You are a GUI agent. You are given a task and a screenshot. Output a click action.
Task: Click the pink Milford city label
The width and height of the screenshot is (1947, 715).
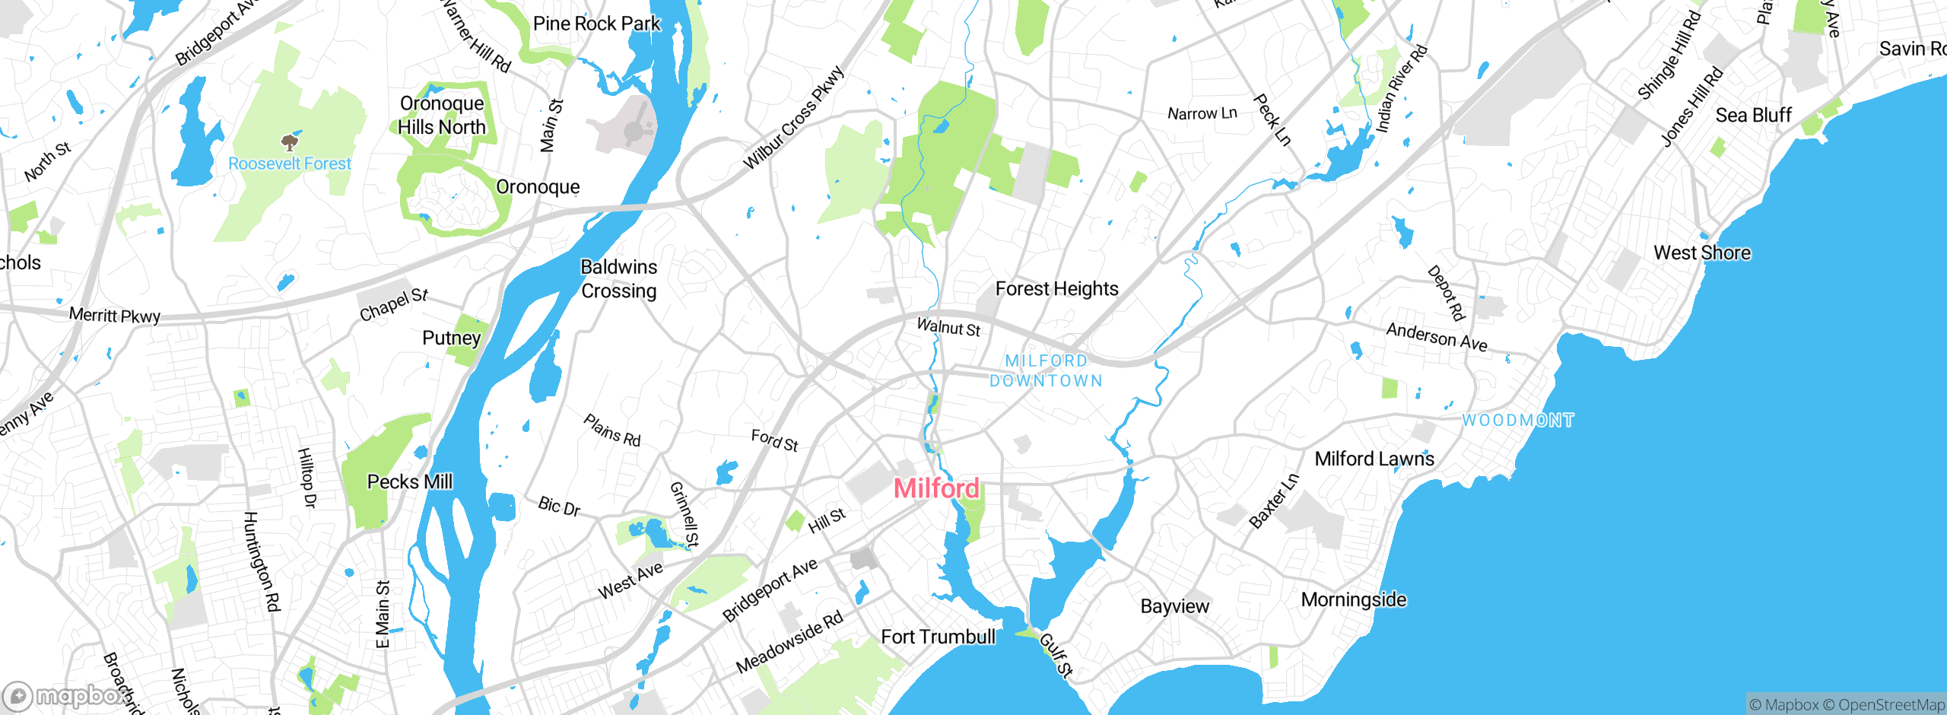pos(936,488)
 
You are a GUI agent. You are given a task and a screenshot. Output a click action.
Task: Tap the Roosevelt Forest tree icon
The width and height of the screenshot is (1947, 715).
pos(289,142)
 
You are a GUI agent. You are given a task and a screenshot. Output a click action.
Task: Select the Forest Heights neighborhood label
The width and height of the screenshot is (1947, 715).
pos(1056,289)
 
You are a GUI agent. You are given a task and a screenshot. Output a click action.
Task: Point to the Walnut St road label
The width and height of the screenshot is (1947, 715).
pos(948,327)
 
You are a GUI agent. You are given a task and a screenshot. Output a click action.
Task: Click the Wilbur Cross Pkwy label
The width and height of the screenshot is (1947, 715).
pos(793,118)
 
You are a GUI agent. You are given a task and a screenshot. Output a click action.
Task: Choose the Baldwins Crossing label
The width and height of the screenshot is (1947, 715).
pos(618,278)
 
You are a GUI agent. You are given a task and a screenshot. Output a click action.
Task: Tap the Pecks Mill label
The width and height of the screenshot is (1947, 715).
pos(409,481)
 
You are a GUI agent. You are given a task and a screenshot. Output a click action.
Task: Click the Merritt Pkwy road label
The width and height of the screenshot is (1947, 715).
pos(115,315)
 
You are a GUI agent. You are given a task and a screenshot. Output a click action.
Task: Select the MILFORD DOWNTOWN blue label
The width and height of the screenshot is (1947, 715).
pos(1047,370)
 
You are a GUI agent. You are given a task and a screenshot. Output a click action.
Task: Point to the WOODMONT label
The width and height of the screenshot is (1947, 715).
pos(1517,421)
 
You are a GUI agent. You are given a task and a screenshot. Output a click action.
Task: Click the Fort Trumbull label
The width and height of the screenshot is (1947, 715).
pos(938,637)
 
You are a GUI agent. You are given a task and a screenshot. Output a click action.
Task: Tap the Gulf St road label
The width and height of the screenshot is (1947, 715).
pos(1056,654)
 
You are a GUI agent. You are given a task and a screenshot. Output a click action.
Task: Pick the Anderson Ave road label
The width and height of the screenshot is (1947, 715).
pos(1436,336)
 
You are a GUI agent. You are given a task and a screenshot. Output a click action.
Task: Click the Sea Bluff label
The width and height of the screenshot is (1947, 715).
pos(1753,115)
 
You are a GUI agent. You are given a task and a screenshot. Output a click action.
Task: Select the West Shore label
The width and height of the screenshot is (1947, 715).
pos(1701,253)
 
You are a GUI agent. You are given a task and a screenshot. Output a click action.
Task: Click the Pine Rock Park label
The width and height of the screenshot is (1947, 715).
pos(596,24)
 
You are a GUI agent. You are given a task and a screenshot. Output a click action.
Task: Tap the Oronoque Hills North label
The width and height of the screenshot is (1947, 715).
pos(442,115)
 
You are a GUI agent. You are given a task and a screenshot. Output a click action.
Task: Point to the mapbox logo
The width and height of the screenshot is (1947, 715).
pos(64,695)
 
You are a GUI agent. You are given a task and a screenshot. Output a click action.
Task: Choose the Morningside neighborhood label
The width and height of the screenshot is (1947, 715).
pos(1353,599)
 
